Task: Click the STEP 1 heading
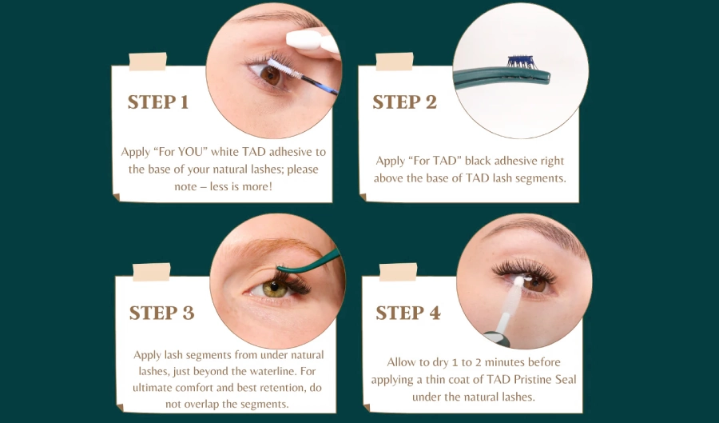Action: coord(158,102)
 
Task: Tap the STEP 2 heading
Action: coord(404,102)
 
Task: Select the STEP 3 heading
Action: coord(161,313)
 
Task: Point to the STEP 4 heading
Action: coord(407,313)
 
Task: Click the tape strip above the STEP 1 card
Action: coord(148,62)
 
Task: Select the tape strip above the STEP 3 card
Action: coord(151,272)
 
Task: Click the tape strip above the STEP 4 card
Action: coord(398,272)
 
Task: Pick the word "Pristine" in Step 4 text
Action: coord(524,379)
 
